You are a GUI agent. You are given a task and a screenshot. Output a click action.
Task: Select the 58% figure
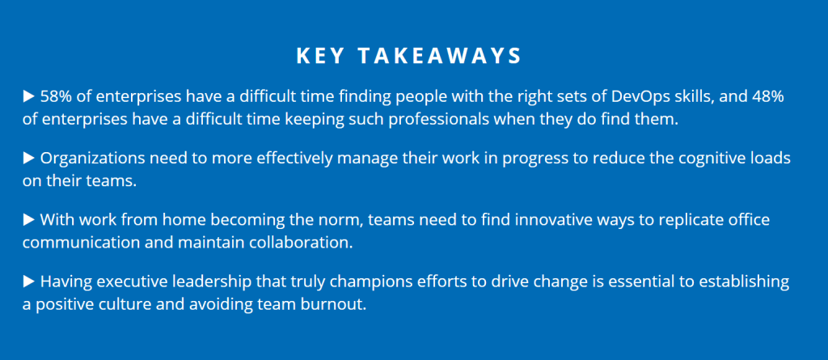55,97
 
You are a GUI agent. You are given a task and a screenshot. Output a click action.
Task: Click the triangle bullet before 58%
29,97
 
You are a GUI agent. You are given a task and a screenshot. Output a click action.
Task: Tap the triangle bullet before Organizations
29,158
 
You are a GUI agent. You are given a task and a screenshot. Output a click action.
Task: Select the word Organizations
90,158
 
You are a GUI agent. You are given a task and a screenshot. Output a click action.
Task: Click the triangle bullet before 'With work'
29,219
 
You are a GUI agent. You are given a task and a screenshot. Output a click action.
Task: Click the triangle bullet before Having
29,282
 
